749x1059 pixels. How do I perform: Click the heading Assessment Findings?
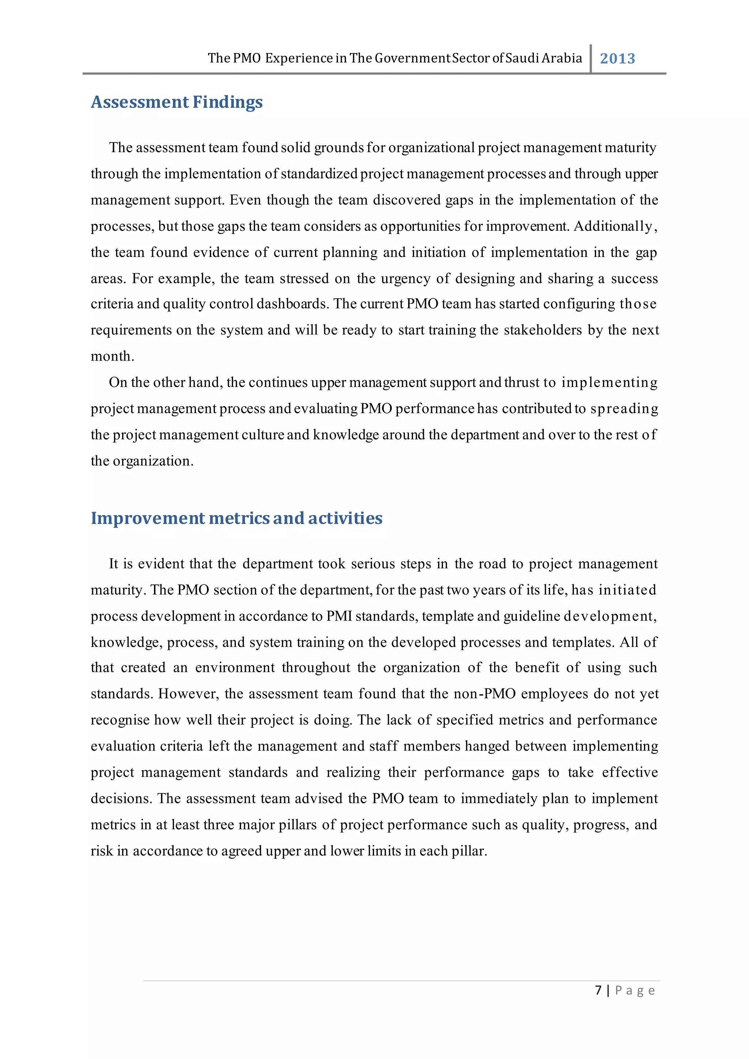[177, 102]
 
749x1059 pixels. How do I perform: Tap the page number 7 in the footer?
[598, 990]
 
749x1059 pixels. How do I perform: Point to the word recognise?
[120, 720]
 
